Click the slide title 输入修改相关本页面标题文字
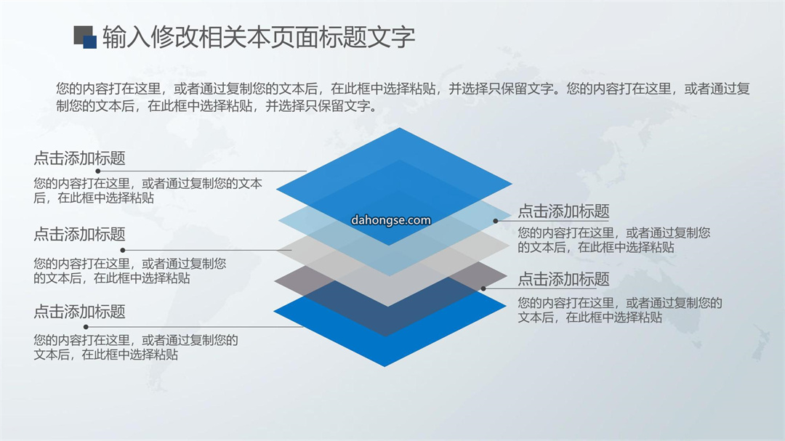[x=258, y=37]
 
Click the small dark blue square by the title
[x=90, y=42]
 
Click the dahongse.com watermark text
[x=391, y=220]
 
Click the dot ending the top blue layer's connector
[x=98, y=171]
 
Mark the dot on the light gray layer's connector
[x=123, y=250]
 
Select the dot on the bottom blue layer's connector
[x=86, y=327]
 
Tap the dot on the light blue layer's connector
[x=495, y=221]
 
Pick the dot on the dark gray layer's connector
[x=483, y=288]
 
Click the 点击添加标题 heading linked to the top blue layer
[x=80, y=158]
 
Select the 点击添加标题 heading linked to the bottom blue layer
[x=80, y=312]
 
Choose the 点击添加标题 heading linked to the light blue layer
[x=564, y=211]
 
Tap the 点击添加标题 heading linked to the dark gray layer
[x=564, y=278]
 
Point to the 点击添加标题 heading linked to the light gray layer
[x=80, y=234]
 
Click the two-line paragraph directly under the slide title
[x=403, y=97]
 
